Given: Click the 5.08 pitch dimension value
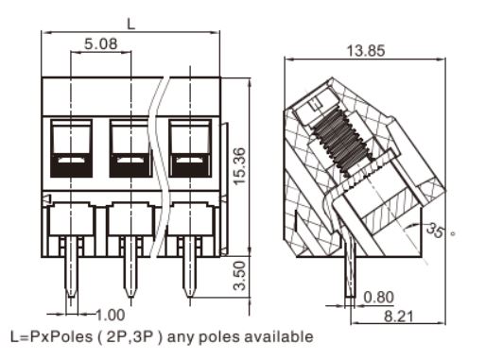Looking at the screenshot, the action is [101, 43].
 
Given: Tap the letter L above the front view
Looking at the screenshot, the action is [130, 24].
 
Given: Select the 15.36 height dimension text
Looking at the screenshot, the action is [239, 165].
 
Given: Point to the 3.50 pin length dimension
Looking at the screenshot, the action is [239, 275].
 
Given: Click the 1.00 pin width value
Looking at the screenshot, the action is [110, 316].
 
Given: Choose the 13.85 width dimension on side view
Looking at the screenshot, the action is [366, 51].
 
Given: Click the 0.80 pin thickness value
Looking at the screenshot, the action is [378, 298].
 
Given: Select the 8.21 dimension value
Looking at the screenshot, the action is [399, 317].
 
